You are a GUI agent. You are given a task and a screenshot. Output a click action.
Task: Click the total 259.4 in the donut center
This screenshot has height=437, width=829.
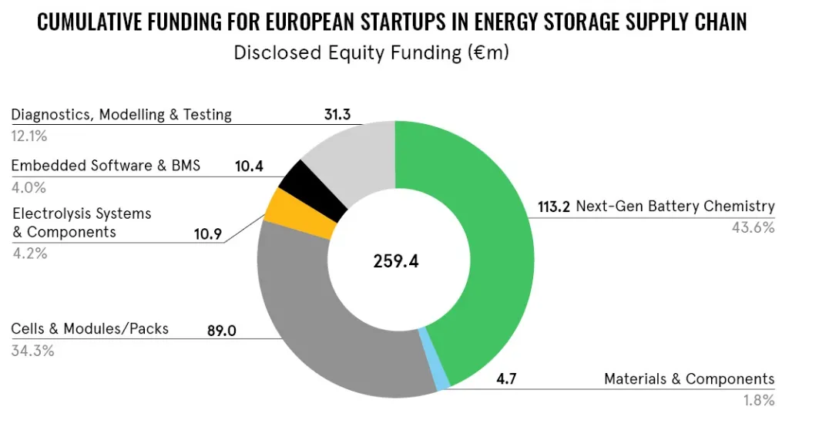click(x=395, y=261)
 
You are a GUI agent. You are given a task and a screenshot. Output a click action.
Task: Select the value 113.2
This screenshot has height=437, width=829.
click(x=555, y=207)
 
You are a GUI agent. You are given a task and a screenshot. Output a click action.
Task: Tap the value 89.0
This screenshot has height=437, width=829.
click(x=221, y=331)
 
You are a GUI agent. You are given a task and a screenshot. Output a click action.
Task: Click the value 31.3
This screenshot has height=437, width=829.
click(x=336, y=115)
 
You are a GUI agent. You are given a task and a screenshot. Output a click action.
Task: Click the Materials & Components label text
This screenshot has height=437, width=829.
click(x=689, y=379)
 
